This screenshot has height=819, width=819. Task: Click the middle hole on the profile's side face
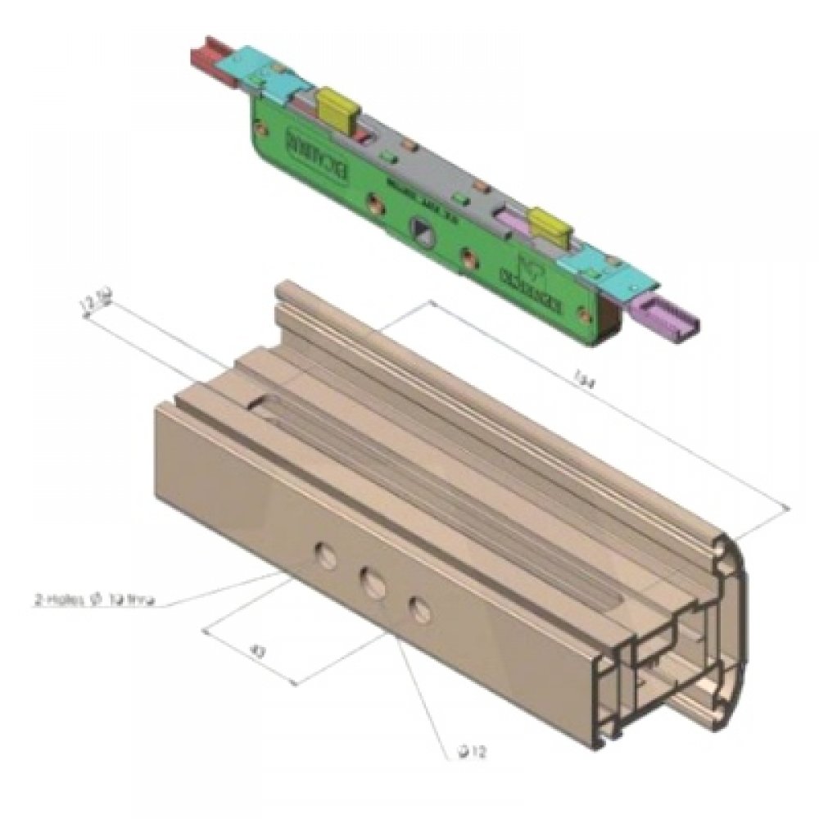pyautogui.click(x=373, y=583)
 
